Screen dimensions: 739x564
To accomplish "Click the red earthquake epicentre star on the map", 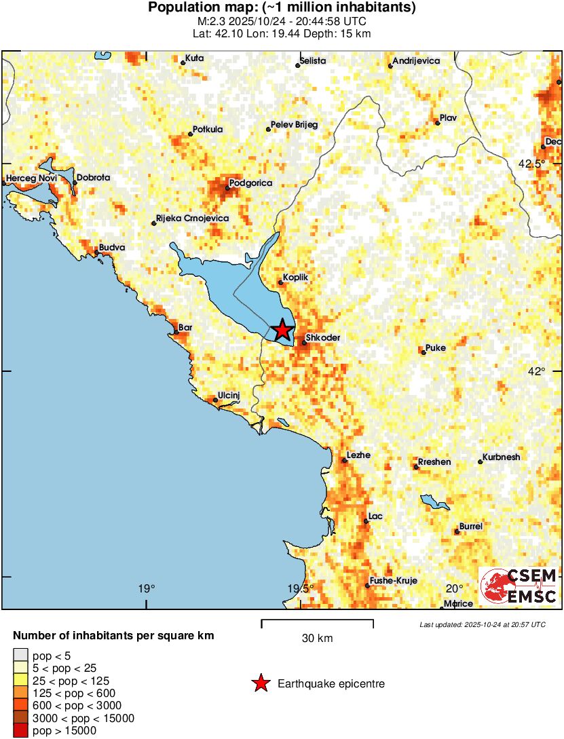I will (282, 330).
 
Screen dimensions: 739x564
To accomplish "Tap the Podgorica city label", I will (250, 183).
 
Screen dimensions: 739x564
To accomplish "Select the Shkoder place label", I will (323, 337).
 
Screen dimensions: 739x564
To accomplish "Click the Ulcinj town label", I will (229, 395).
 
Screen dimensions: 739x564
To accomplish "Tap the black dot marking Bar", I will (176, 333).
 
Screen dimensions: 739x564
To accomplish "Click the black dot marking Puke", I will (424, 352).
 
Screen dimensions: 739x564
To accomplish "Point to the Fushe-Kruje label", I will (394, 581).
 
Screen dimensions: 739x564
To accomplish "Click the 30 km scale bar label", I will (317, 639).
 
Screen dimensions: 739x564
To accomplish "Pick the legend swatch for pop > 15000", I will (21, 730).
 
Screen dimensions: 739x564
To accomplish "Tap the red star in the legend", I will (260, 683).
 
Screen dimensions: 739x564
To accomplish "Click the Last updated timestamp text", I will (482, 624).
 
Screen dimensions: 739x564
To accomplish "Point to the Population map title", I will (282, 8).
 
